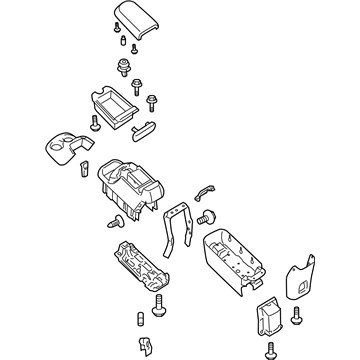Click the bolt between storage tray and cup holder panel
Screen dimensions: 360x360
coord(93,123)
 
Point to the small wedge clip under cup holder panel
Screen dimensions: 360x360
coord(87,167)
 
